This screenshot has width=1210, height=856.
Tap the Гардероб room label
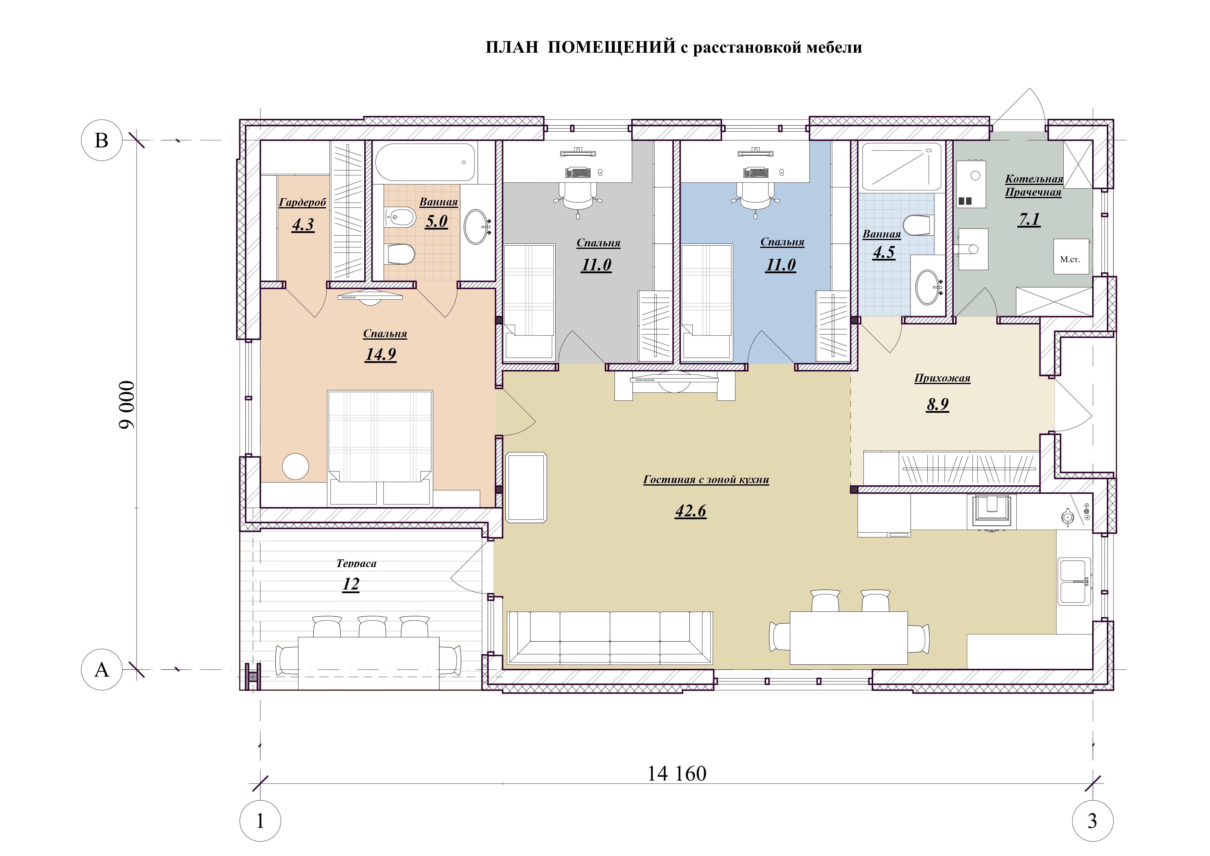(x=302, y=202)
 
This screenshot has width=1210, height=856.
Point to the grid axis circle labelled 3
(x=1092, y=821)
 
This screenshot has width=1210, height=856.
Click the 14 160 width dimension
(x=677, y=773)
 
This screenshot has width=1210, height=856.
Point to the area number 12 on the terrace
(x=351, y=584)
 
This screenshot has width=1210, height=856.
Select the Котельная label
(x=1034, y=179)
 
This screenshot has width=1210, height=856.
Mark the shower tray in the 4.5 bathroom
(x=901, y=167)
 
